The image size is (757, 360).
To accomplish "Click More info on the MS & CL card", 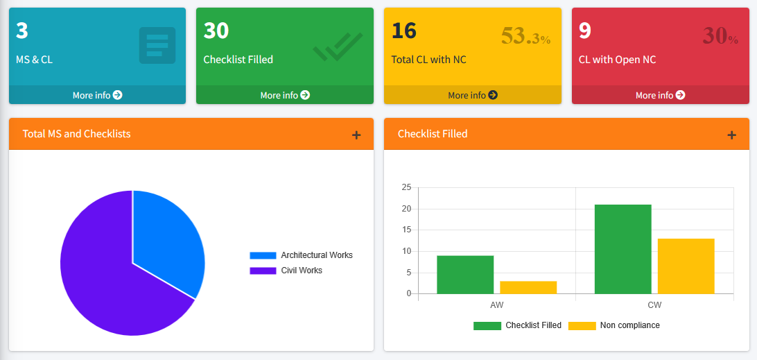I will [97, 95].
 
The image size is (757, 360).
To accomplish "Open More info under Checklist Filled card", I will [285, 95].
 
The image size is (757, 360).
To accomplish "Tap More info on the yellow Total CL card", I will [473, 95].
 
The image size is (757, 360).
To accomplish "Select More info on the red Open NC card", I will [660, 95].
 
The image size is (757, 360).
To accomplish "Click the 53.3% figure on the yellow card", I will [525, 36].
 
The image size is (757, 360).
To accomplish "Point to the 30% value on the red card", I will [720, 36].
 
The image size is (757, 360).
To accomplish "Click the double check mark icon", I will [338, 46].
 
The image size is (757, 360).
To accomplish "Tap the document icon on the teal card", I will [157, 45].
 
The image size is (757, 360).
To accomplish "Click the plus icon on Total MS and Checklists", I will [356, 135].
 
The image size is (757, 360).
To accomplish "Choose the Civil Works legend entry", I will [286, 271].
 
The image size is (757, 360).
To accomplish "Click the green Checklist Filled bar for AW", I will [465, 275].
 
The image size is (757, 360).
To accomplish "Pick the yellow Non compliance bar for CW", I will [686, 266].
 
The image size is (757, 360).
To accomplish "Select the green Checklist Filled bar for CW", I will [623, 249].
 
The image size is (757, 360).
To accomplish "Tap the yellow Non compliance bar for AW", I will [528, 287].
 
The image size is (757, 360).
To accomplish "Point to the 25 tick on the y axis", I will [406, 187].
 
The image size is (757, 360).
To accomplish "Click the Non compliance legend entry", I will [614, 325].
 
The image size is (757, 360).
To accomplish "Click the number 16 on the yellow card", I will [404, 31].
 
